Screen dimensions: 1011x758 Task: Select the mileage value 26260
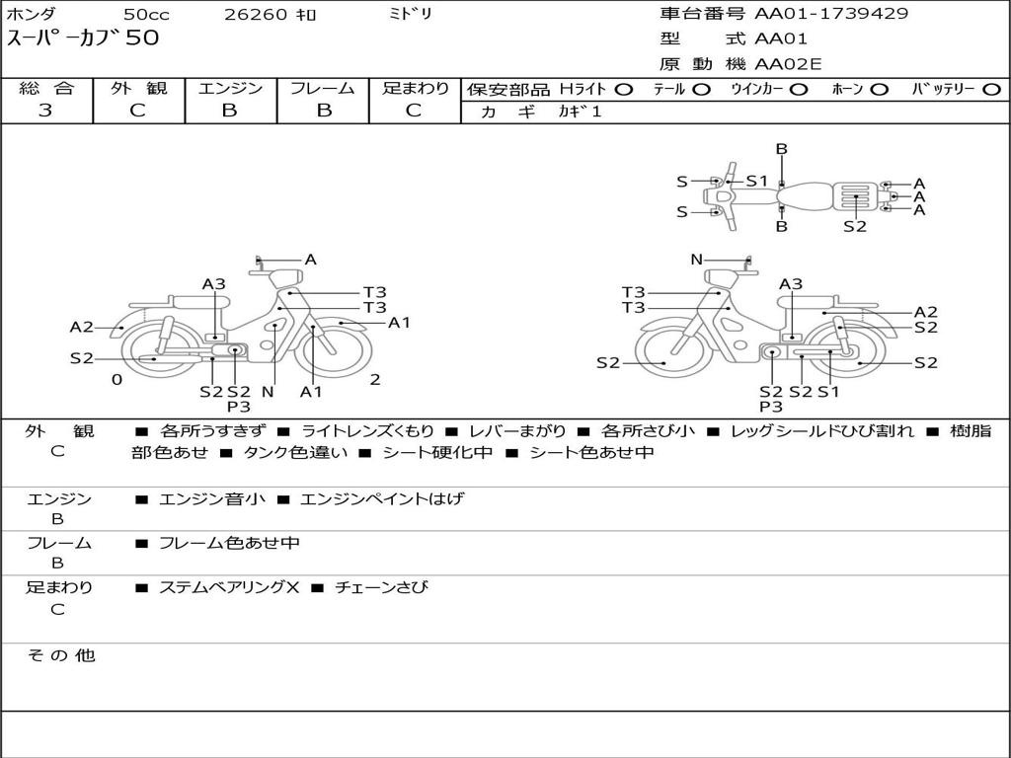point(256,15)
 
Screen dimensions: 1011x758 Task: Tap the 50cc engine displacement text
point(145,15)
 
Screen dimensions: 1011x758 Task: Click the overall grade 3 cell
point(45,111)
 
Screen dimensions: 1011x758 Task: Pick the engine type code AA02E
point(788,65)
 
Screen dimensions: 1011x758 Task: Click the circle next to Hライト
point(623,90)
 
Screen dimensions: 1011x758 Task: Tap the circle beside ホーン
point(880,90)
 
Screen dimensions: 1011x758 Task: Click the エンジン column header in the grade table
point(230,88)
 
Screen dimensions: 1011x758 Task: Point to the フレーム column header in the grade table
point(322,88)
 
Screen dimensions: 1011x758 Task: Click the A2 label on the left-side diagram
point(81,328)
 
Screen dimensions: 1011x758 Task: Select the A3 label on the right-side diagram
point(791,284)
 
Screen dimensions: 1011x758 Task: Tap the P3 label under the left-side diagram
point(239,406)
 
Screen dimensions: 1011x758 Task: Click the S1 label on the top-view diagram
point(756,181)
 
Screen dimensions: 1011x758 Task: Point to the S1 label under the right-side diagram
point(827,392)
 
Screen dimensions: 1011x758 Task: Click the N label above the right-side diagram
point(696,260)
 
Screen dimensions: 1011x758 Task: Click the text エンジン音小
point(211,499)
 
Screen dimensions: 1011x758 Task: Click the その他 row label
point(60,655)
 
